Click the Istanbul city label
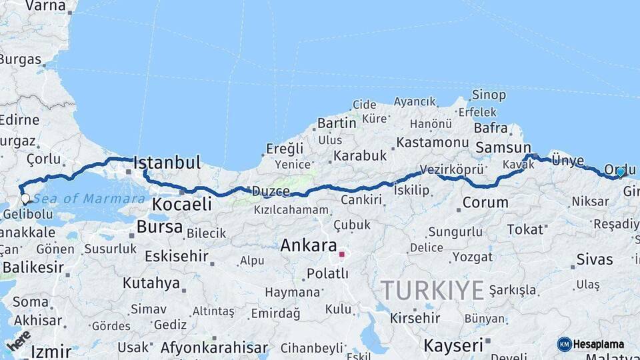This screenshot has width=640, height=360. tap(167, 163)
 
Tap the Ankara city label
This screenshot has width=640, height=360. tap(308, 245)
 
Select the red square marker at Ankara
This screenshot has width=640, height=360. tap(341, 254)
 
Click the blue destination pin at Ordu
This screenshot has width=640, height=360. tap(621, 172)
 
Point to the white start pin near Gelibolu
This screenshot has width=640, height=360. tap(25, 198)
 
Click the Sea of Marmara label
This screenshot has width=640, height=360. tap(89, 199)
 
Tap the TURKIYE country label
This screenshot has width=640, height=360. tap(432, 291)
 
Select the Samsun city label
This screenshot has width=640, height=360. tap(503, 148)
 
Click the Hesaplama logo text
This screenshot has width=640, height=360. tap(598, 344)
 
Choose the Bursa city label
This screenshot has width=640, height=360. tap(159, 227)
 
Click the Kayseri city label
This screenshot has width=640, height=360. tap(453, 345)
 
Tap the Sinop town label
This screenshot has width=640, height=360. tap(489, 95)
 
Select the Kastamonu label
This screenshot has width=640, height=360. tap(433, 143)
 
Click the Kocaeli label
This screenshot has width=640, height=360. tap(182, 204)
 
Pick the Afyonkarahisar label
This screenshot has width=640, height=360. tap(214, 347)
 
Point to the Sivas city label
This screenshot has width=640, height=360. tap(594, 259)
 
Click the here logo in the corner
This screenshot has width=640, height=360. tap(19, 340)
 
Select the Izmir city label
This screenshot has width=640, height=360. tap(51, 351)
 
